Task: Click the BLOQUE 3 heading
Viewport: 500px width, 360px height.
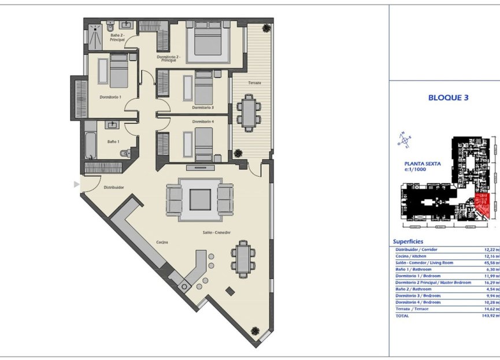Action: pyautogui.click(x=448, y=98)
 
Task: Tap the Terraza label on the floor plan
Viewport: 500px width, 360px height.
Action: pyautogui.click(x=254, y=83)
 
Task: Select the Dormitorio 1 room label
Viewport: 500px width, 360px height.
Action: pyautogui.click(x=110, y=97)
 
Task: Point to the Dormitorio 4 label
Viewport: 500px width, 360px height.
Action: pyautogui.click(x=203, y=121)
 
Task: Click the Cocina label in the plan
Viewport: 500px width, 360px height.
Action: pyautogui.click(x=162, y=242)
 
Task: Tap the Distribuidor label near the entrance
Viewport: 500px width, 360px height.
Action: pyautogui.click(x=114, y=187)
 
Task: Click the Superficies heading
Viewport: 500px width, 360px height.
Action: pyautogui.click(x=408, y=241)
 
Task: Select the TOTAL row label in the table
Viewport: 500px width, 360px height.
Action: pyautogui.click(x=402, y=316)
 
